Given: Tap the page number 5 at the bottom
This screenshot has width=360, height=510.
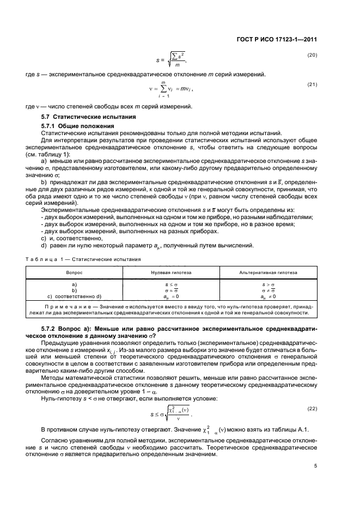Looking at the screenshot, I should coord(315,465).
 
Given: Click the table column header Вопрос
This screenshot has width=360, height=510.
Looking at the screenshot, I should coord(75,270).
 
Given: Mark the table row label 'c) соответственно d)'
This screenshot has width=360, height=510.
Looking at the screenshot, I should coord(75,296).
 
